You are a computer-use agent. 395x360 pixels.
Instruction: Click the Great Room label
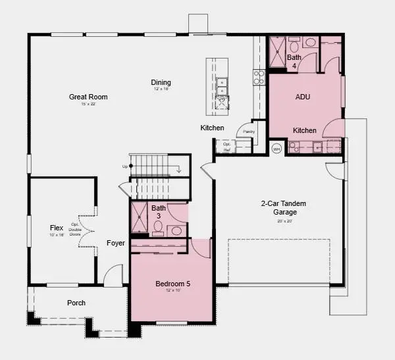[x=88, y=97]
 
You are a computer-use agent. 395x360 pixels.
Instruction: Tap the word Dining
[x=161, y=82]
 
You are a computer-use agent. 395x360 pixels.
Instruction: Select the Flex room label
[x=57, y=228]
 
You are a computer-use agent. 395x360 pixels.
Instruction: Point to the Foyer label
[x=116, y=243]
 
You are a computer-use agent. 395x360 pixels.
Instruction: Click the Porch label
[x=76, y=303]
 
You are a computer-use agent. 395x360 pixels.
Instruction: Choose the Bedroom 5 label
[x=172, y=284]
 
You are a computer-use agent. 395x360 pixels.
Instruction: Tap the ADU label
[x=303, y=97]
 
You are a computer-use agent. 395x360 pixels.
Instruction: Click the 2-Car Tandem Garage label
[x=284, y=208]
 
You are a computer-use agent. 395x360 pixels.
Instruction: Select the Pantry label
[x=249, y=132]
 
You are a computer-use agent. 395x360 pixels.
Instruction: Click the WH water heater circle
[x=276, y=149]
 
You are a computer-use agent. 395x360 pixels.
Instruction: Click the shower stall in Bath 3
[x=139, y=218]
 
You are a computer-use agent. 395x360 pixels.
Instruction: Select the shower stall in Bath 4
[x=278, y=47]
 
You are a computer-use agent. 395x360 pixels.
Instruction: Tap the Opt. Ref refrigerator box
[x=227, y=146]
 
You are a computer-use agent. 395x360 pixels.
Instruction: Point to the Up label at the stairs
[x=125, y=167]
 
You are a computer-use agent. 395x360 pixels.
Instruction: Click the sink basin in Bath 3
[x=174, y=230]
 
